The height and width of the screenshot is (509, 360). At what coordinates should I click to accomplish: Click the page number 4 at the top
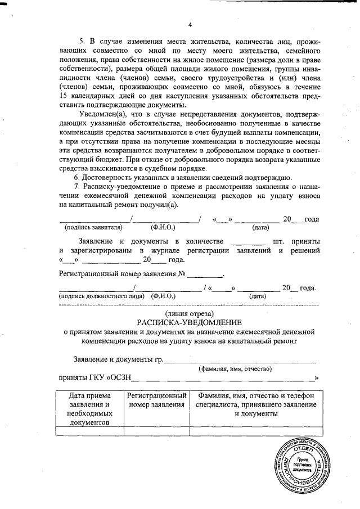(x=190, y=24)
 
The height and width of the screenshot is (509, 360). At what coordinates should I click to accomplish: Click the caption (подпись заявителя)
(x=93, y=228)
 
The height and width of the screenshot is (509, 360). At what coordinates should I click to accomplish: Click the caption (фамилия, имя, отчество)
(x=235, y=369)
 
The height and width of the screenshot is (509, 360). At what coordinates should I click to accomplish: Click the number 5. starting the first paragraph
(x=80, y=42)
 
